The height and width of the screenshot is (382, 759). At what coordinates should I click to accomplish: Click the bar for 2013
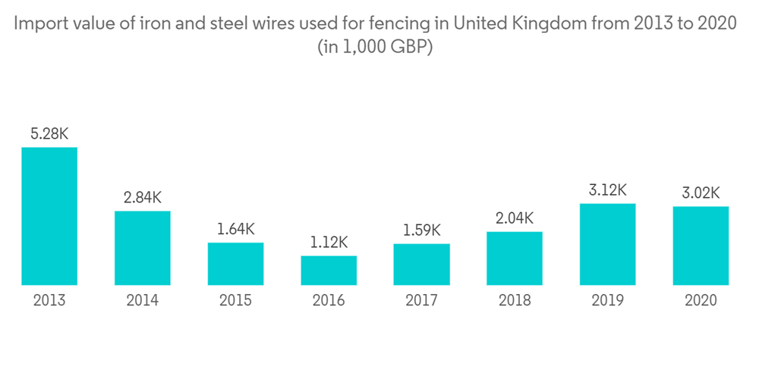click(x=49, y=216)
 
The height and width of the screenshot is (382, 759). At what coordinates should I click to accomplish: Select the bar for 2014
click(x=143, y=248)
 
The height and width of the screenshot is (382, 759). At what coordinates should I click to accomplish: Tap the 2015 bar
click(x=235, y=264)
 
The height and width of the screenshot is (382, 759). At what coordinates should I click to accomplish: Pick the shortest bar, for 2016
click(x=329, y=271)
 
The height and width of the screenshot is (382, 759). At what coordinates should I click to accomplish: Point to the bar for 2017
click(x=421, y=265)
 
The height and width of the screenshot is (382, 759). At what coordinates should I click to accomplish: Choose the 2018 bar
click(x=515, y=258)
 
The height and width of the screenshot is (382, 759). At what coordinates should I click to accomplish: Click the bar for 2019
click(x=607, y=244)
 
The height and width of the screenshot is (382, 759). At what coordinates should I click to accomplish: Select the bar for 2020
click(x=701, y=246)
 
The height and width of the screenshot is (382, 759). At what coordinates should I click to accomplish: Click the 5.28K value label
click(x=49, y=134)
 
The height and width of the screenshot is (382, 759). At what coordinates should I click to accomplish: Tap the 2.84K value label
click(x=143, y=198)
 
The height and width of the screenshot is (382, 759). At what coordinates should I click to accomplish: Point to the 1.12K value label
click(x=329, y=243)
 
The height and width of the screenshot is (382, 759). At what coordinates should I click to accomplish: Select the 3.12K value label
click(x=607, y=190)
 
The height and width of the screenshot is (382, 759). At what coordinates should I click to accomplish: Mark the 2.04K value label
click(x=515, y=218)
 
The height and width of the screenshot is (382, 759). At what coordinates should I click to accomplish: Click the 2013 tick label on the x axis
click(x=49, y=301)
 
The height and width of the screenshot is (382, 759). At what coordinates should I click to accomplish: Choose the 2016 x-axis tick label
click(x=329, y=301)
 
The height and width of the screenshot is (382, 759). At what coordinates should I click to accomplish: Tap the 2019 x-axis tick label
click(x=607, y=301)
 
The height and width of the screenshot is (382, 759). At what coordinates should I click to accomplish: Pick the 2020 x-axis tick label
click(x=701, y=301)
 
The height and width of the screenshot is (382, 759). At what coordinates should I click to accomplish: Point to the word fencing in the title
click(x=402, y=23)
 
